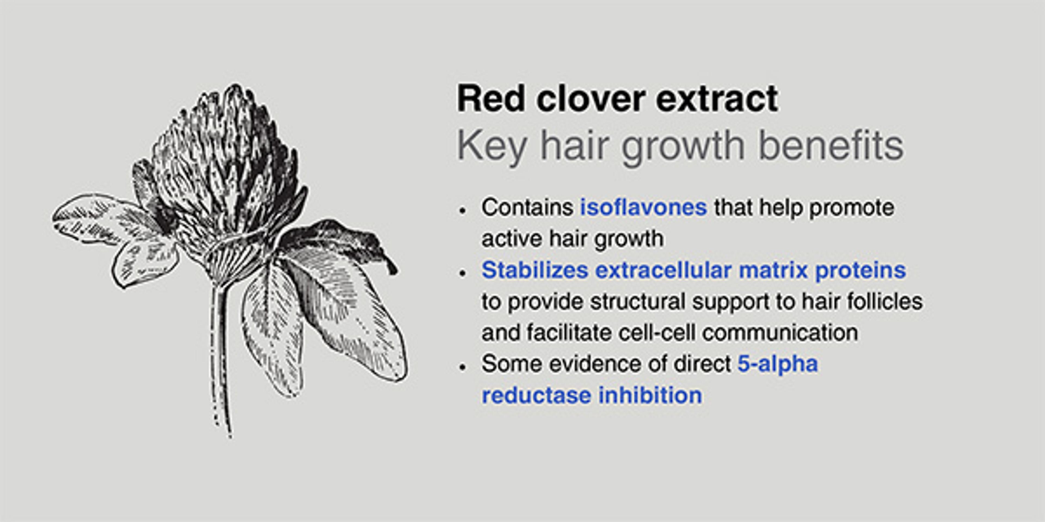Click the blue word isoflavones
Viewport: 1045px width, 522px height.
pyautogui.click(x=644, y=207)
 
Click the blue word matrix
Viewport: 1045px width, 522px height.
pyautogui.click(x=773, y=270)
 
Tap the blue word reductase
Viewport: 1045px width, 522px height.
pyautogui.click(x=536, y=395)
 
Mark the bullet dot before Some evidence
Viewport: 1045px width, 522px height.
pyautogui.click(x=462, y=367)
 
